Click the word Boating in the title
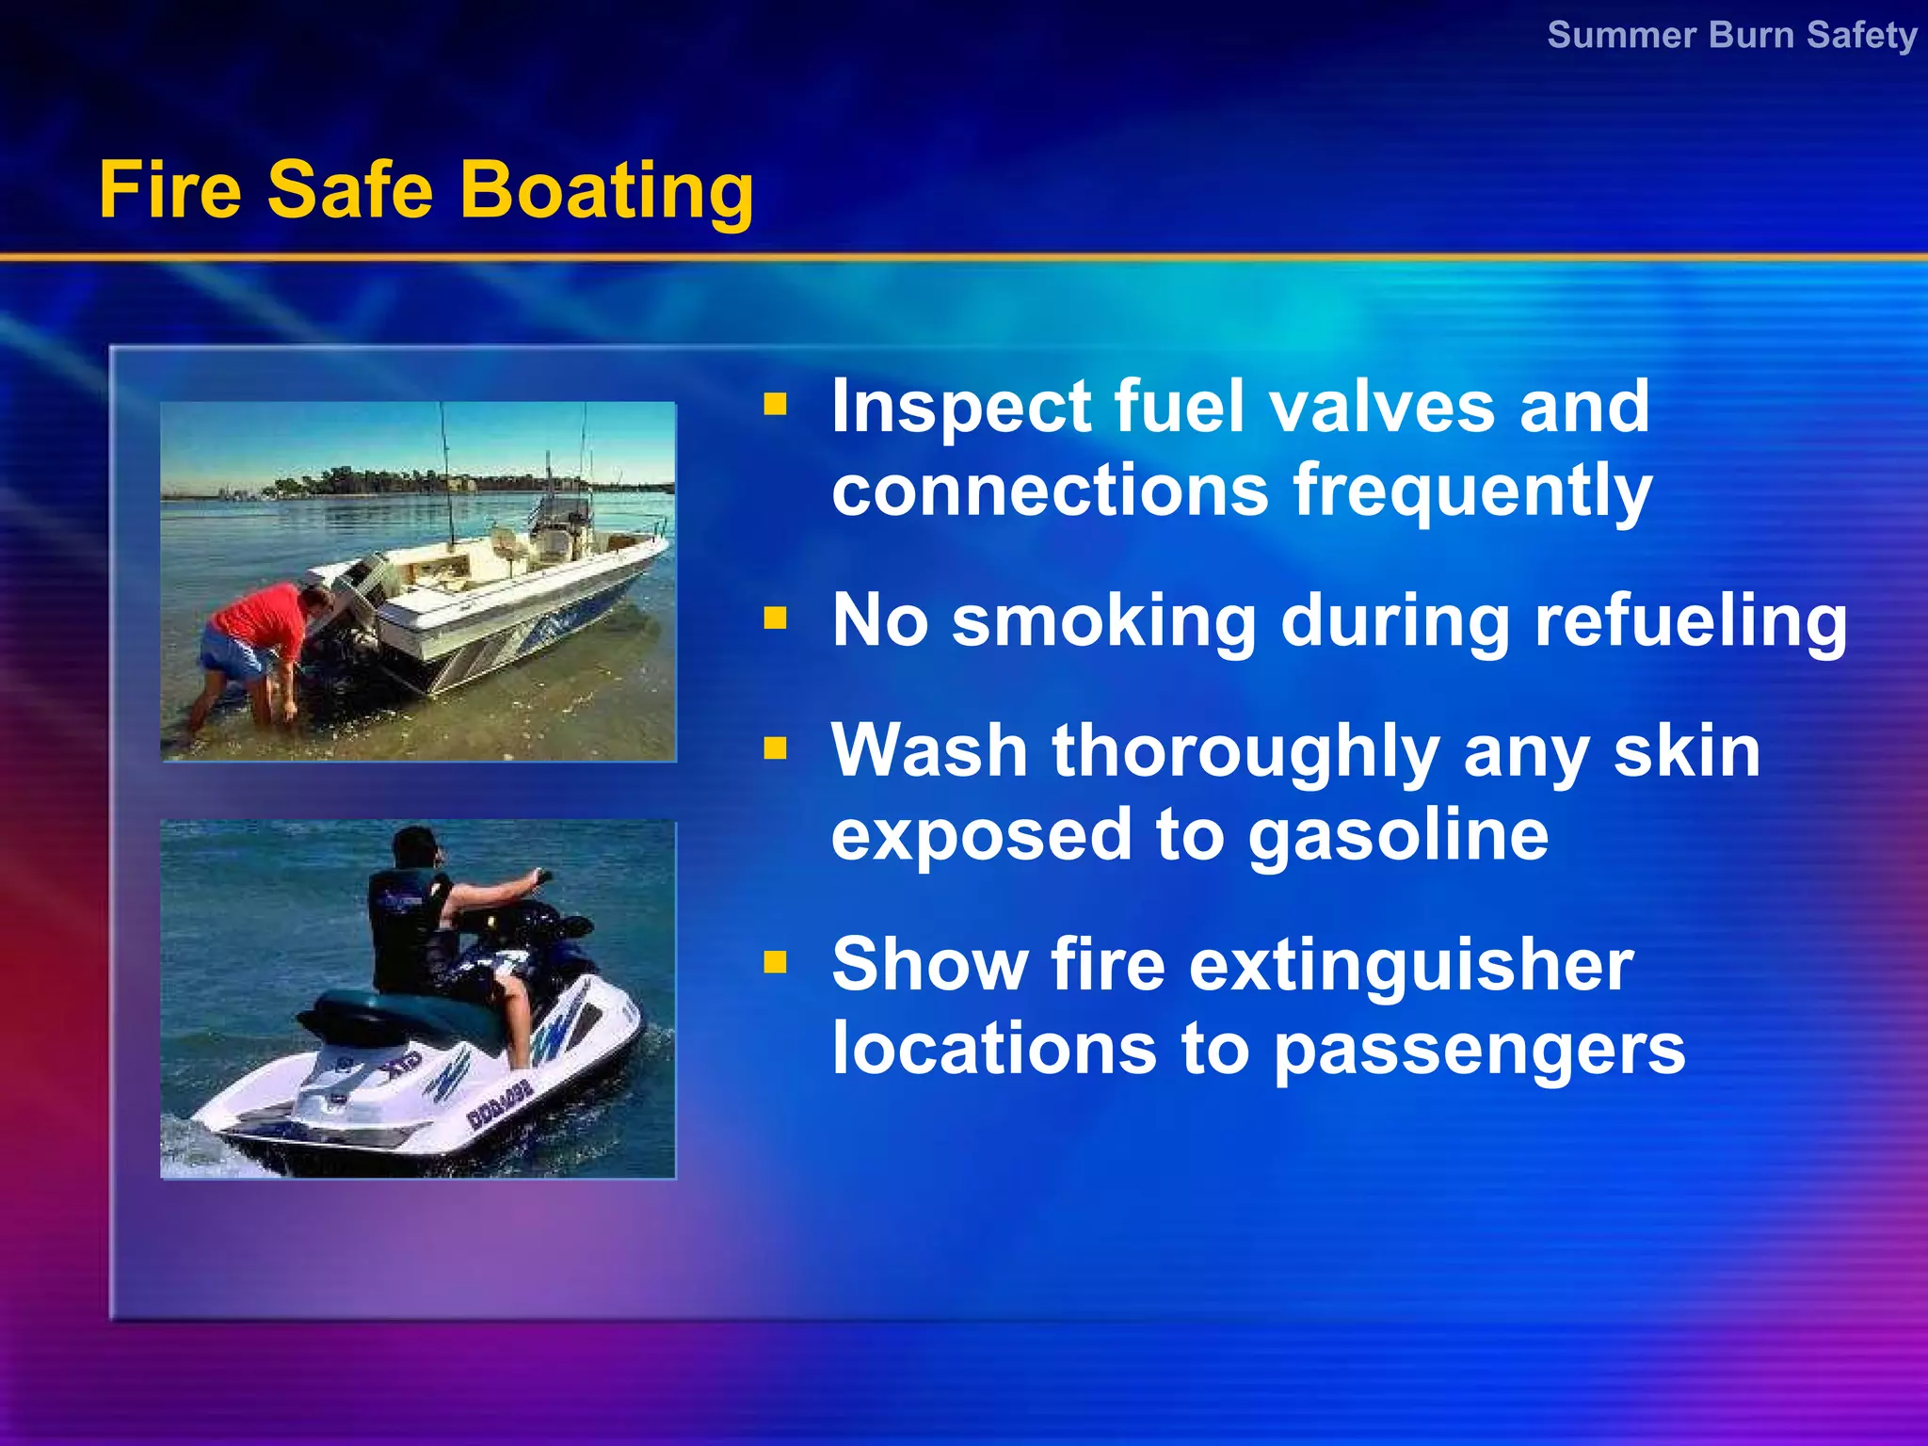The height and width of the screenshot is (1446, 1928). (606, 191)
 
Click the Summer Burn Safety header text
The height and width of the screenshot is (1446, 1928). (1731, 36)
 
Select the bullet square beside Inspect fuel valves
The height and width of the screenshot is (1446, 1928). (775, 405)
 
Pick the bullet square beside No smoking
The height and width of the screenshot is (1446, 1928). (775, 619)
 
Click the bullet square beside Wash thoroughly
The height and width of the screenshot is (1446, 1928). (775, 748)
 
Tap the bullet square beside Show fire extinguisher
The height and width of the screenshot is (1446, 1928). (775, 962)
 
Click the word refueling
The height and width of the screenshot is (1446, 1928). (1691, 621)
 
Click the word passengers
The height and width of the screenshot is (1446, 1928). (1479, 1051)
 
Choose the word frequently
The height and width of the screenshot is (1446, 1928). (1472, 491)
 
